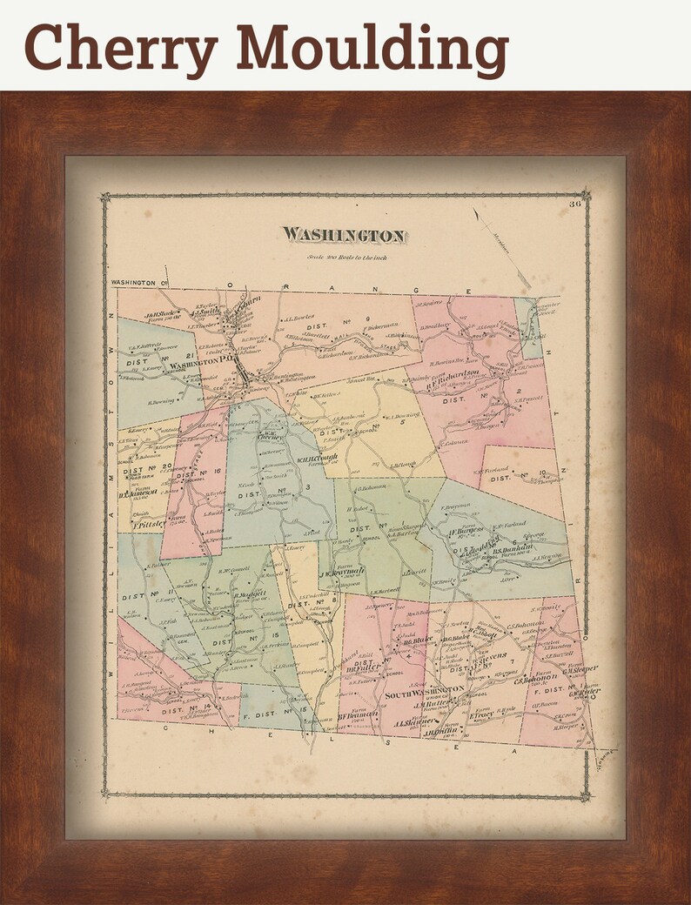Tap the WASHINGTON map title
343,235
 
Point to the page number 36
574,204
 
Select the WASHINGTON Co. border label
138,283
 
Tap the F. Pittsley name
150,526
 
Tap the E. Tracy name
482,715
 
